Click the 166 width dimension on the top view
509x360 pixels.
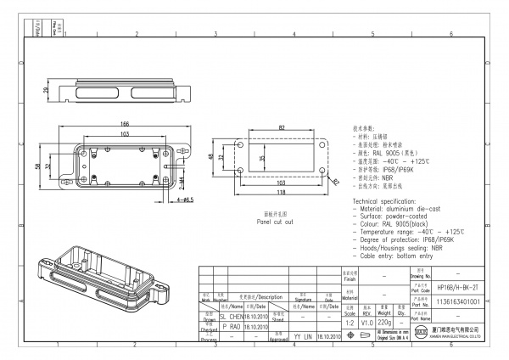click(124, 125)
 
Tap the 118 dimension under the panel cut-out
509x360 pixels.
click(280, 191)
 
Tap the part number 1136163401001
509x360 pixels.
click(457, 301)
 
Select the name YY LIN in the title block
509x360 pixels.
click(303, 337)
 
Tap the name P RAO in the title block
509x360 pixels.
click(231, 325)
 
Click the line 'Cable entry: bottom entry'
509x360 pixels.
click(399, 256)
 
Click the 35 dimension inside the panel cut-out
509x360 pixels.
click(263, 158)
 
